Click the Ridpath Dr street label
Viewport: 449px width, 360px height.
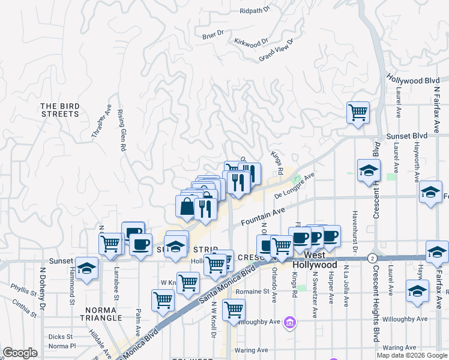(x=255, y=11)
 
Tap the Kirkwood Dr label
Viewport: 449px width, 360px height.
(x=252, y=43)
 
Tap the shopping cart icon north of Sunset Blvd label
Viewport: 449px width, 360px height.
(x=358, y=112)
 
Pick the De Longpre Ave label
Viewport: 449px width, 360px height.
(x=294, y=186)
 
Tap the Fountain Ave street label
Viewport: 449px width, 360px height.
(x=262, y=217)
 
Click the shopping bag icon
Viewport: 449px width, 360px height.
(x=187, y=207)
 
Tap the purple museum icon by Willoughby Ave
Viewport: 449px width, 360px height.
(x=290, y=323)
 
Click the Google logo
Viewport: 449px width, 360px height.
(x=20, y=353)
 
